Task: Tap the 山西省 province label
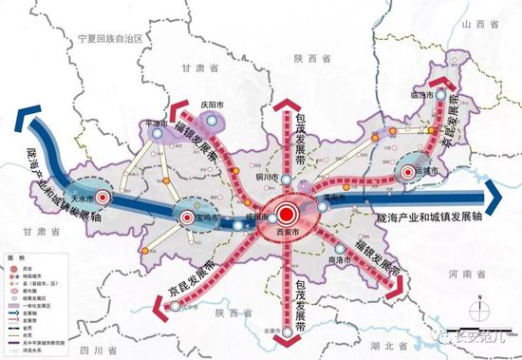point(475,33)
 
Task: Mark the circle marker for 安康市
point(289,332)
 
